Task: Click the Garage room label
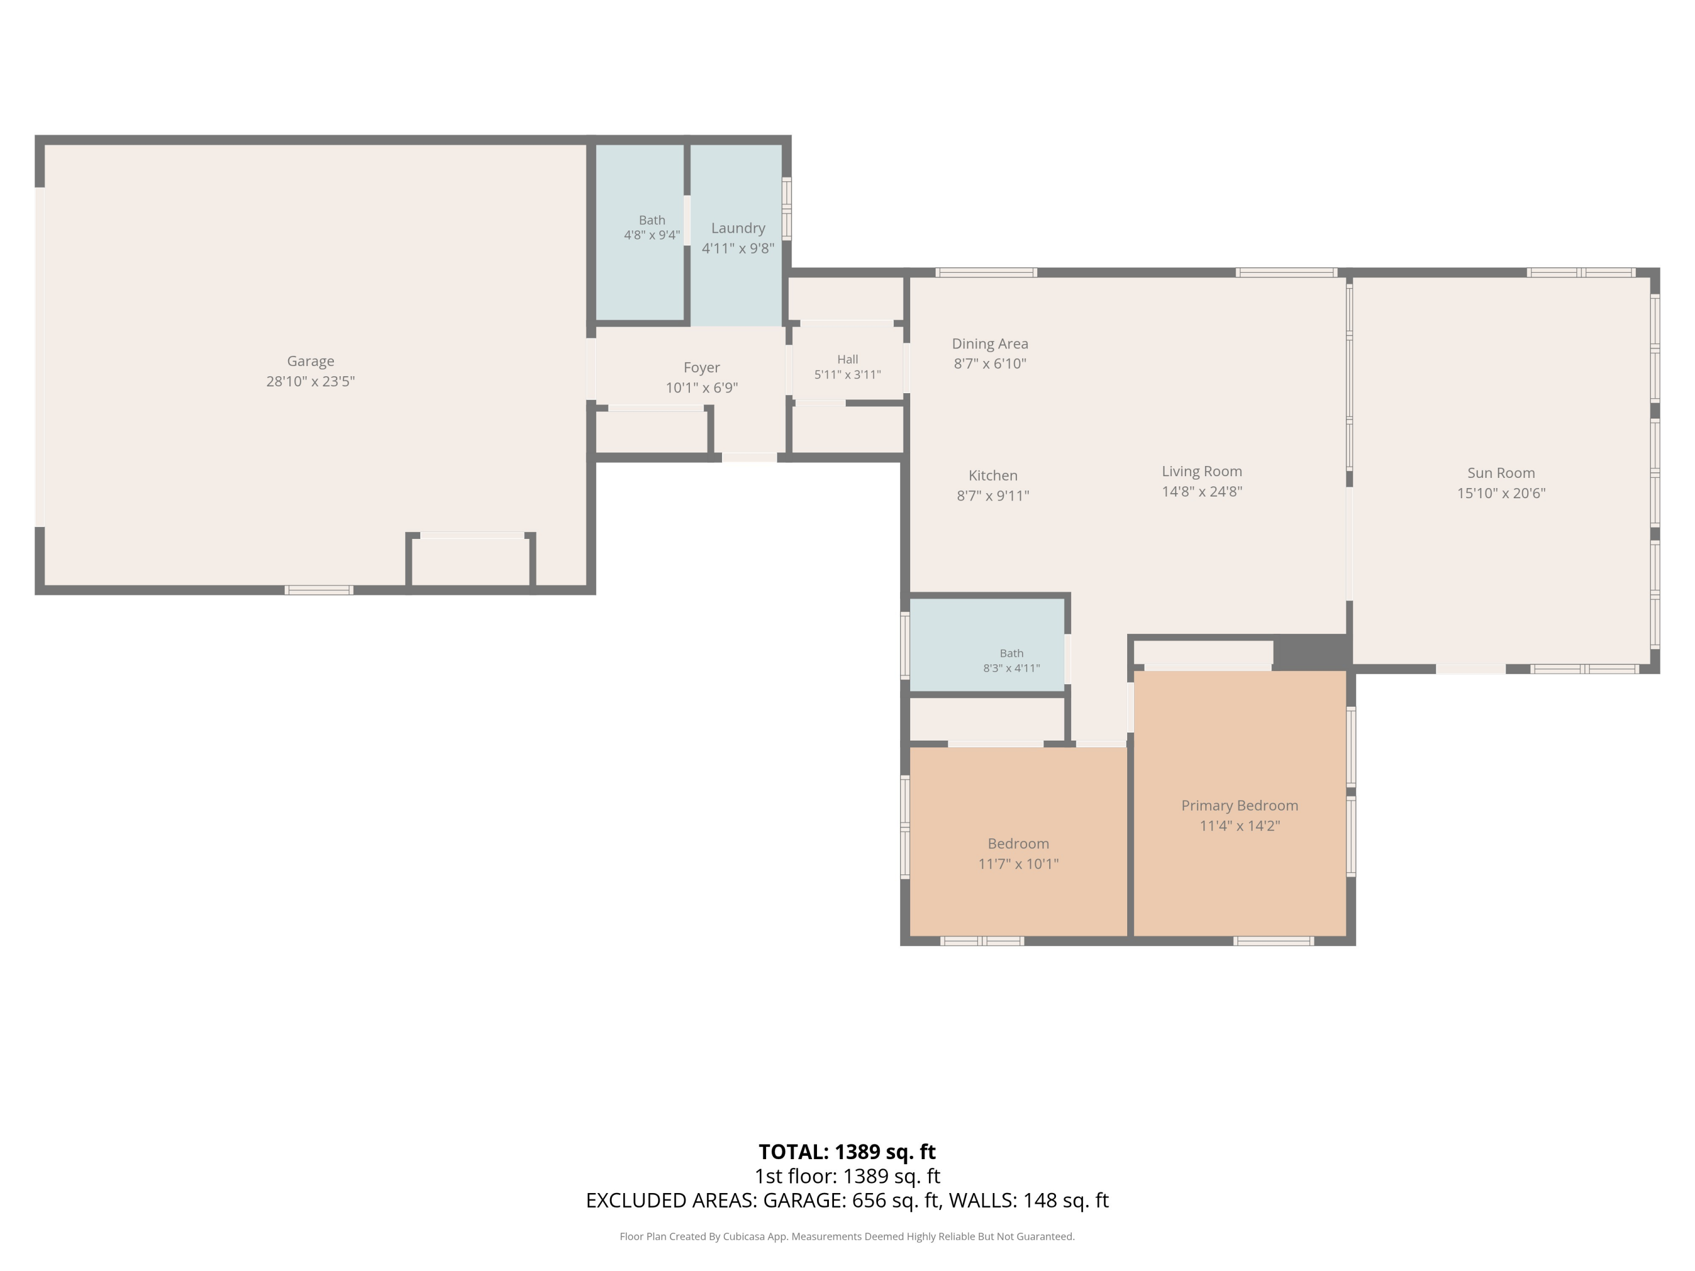coord(310,361)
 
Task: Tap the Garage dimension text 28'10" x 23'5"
coord(310,381)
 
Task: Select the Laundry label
coord(738,228)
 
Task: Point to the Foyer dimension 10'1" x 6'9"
coord(702,388)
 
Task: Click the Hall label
coord(847,359)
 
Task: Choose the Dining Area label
coord(990,344)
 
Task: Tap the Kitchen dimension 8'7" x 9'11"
coord(993,495)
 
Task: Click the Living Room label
coord(1202,472)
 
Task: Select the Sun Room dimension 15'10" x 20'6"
coord(1501,493)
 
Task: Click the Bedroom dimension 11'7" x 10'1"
coord(1018,864)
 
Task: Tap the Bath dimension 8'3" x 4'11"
coord(1011,668)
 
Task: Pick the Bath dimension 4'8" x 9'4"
coord(652,235)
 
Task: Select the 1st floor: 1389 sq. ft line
coord(847,1176)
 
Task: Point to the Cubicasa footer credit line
coord(847,1237)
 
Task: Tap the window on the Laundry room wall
coord(786,208)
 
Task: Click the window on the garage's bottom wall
coord(319,590)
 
